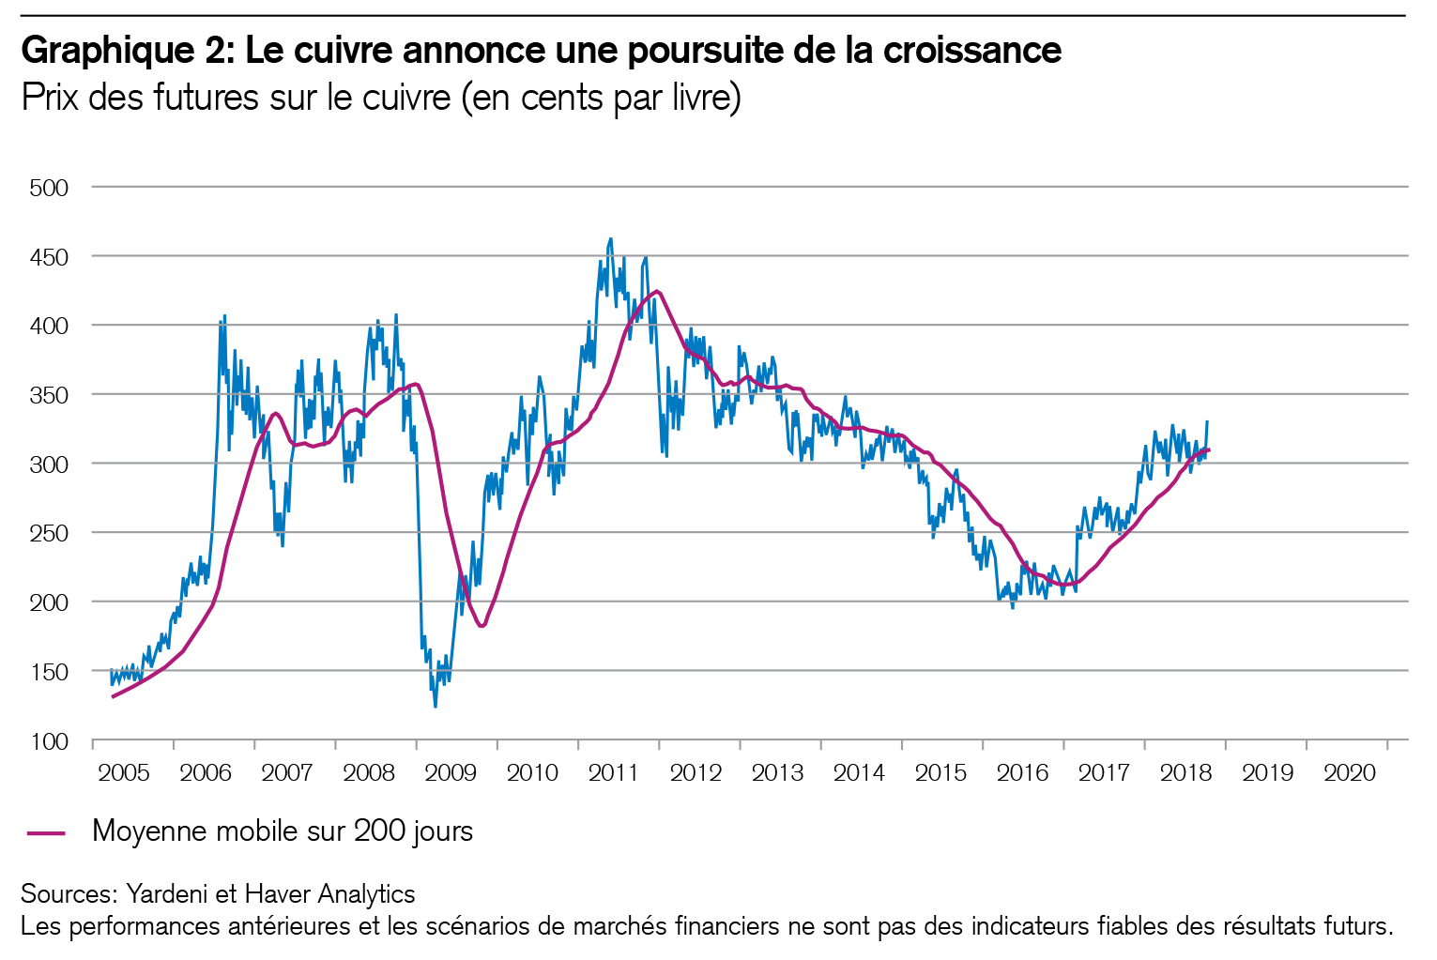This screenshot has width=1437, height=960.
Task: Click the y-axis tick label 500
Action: (50, 188)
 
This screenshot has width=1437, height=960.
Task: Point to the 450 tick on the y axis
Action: (50, 257)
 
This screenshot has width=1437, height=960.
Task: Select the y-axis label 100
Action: (50, 741)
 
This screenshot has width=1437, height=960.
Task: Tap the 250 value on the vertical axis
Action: (50, 533)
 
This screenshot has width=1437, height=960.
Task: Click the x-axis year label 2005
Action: (124, 772)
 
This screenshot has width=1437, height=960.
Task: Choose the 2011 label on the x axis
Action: (613, 772)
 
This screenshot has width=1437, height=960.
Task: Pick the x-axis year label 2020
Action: (1349, 772)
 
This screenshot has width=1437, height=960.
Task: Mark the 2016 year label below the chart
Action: (1022, 772)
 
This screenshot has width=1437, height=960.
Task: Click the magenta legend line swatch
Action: (46, 832)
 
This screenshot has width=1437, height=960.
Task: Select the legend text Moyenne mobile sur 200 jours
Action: (283, 831)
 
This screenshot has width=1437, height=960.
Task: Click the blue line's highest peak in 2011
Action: (611, 239)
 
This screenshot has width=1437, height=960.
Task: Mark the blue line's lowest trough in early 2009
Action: (435, 706)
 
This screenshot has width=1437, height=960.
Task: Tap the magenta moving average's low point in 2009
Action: (482, 626)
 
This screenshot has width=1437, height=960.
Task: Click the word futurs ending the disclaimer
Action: (1358, 926)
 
